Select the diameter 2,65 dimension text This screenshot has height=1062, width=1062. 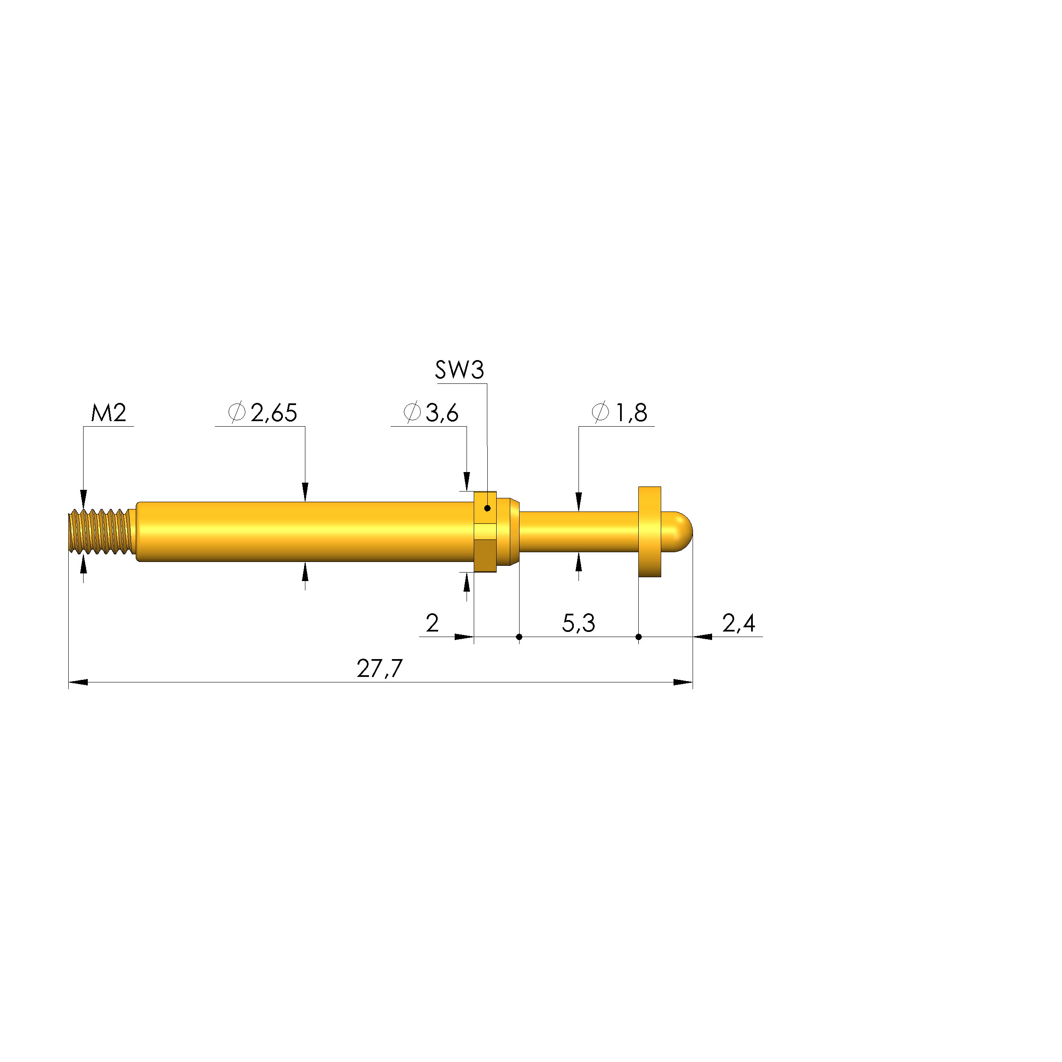pos(263,413)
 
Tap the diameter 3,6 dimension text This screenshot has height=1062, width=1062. pos(431,413)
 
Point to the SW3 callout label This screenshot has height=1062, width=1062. pos(460,370)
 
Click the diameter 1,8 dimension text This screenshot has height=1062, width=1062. pos(620,413)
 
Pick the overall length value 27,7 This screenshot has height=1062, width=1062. pos(380,669)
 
